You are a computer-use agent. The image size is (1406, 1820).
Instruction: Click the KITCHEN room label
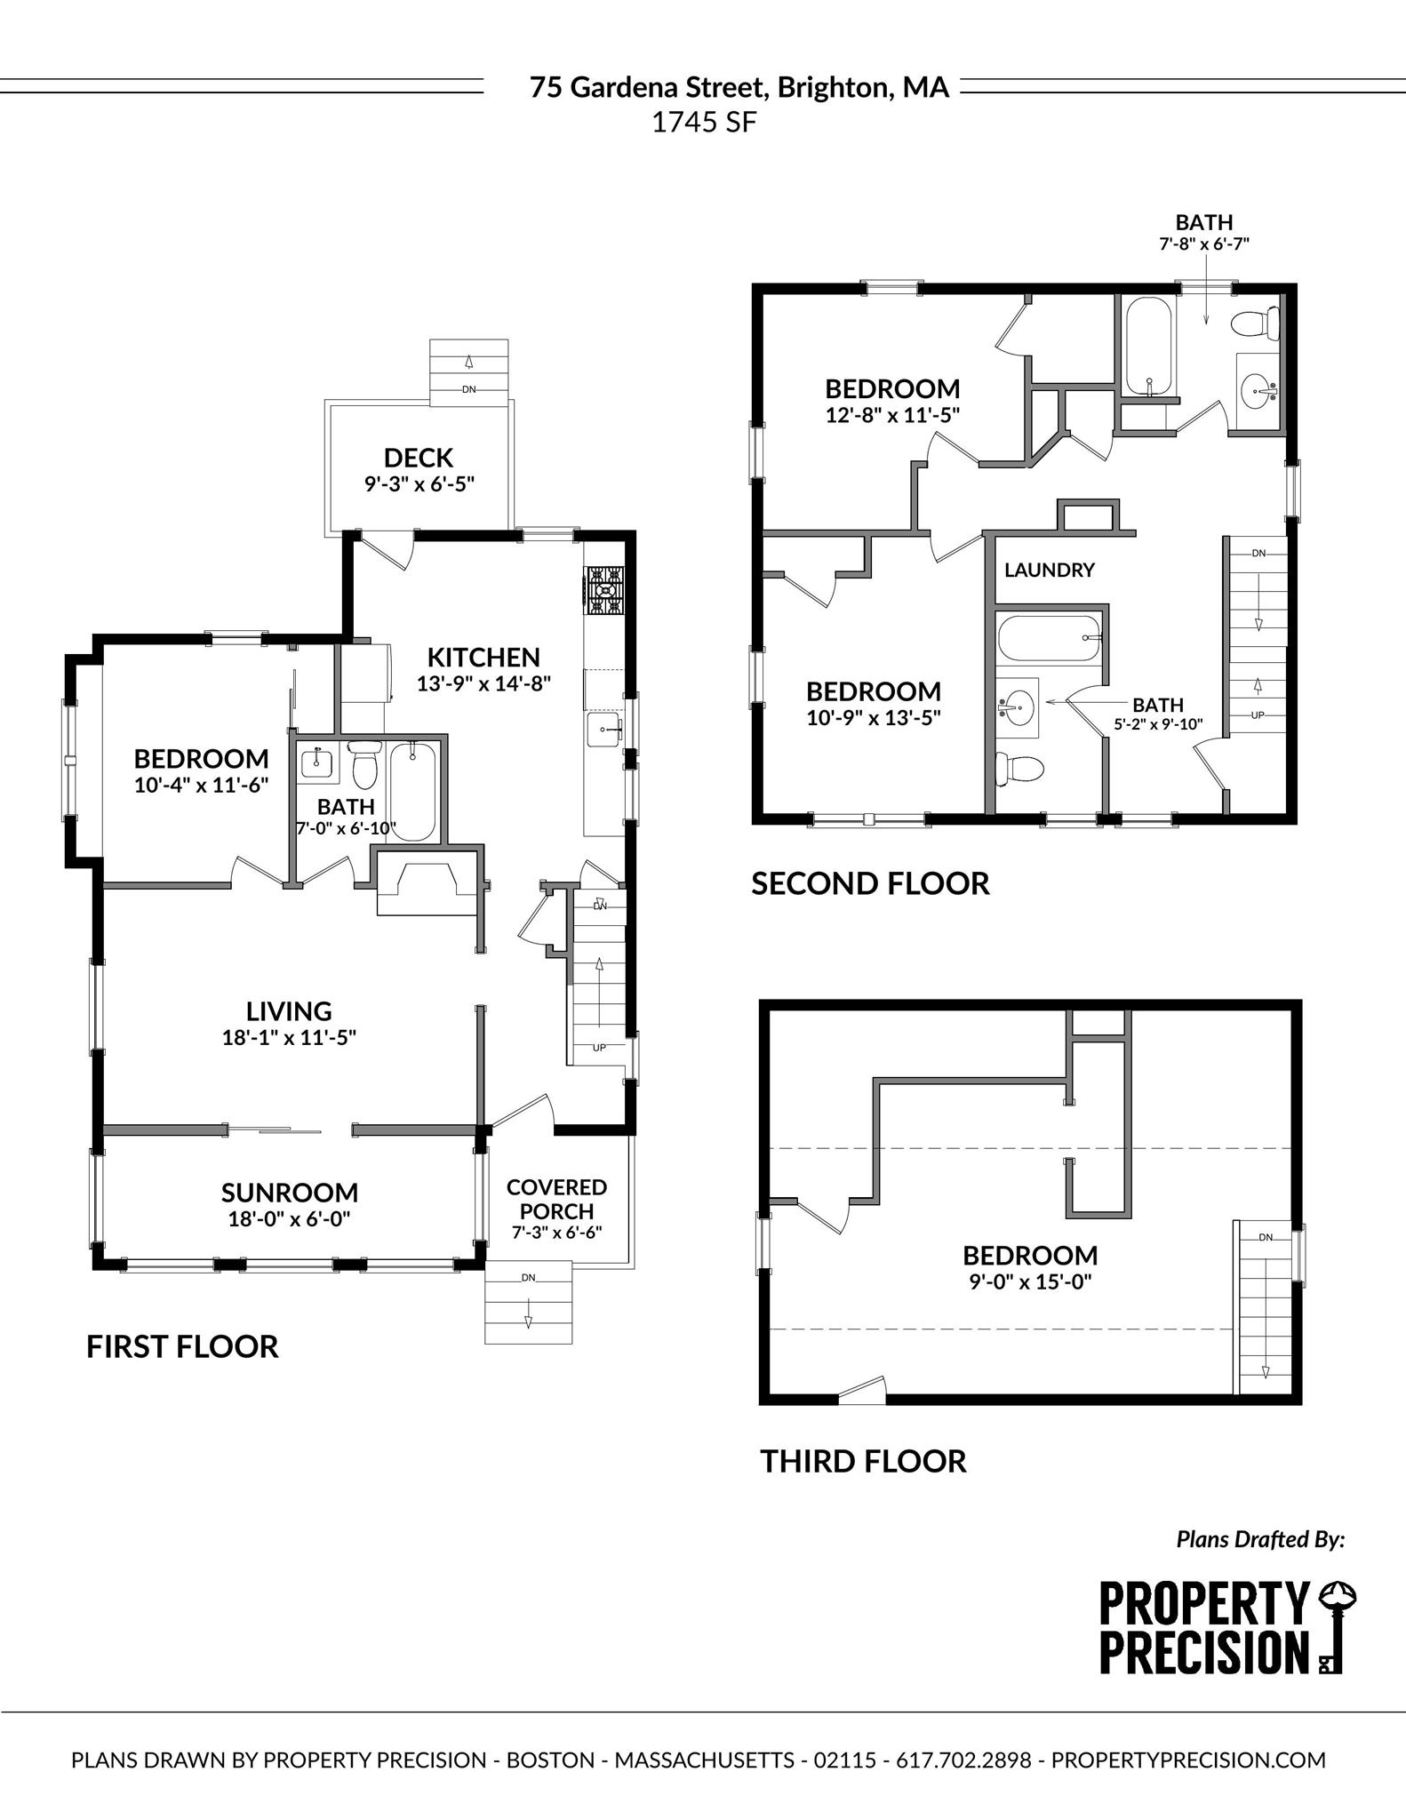(x=483, y=658)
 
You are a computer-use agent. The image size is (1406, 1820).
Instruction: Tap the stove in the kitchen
(x=605, y=591)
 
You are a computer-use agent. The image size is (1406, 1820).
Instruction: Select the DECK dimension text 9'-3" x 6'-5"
(x=419, y=484)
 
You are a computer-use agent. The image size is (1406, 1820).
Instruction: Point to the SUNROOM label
(x=290, y=1192)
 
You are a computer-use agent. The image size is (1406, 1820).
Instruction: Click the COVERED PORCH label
(x=556, y=1199)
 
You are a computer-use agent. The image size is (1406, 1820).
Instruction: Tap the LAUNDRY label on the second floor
(x=1049, y=570)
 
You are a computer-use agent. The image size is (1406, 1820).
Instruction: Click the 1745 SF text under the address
(x=704, y=122)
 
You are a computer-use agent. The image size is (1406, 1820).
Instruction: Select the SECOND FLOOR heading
(x=870, y=883)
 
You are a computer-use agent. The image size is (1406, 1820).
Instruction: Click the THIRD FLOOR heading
(x=863, y=1461)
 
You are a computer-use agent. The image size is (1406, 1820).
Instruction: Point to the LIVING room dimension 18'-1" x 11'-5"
(x=289, y=1037)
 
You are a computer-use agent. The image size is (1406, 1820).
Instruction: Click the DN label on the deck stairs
(x=468, y=389)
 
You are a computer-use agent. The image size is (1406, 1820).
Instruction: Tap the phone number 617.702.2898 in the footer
(x=963, y=1760)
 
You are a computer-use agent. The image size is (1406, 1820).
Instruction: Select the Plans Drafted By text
(x=1260, y=1539)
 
